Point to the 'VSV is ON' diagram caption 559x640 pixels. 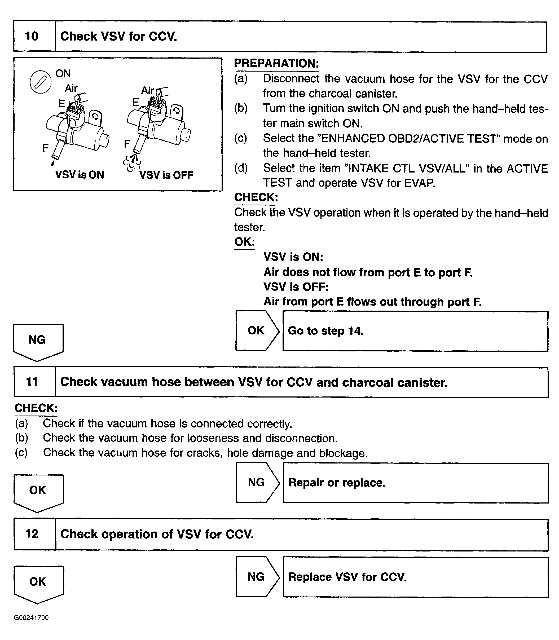pos(80,175)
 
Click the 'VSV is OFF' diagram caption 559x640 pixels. pos(166,175)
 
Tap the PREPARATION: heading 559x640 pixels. pos(276,63)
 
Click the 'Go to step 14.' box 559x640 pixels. pos(415,331)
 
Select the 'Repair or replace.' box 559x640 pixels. pos(416,483)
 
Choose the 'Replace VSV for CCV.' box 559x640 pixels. pos(416,577)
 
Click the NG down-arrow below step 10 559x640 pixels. pos(38,342)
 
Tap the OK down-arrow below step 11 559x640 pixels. pos(38,492)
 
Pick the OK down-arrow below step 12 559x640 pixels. pos(38,583)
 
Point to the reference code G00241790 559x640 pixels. pos(31,618)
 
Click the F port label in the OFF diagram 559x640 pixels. pos(127,143)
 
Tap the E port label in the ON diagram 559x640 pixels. pos(62,104)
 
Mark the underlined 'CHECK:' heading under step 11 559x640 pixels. pos(36,408)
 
